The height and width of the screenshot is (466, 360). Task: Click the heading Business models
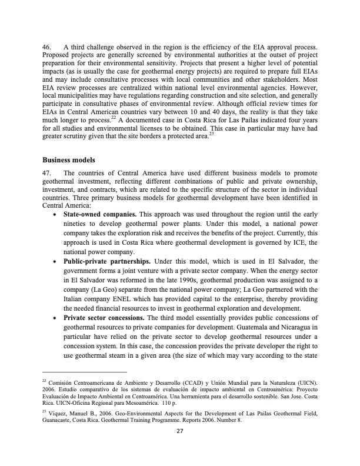coord(68,159)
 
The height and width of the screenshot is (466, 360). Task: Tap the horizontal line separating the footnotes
coord(85,372)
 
